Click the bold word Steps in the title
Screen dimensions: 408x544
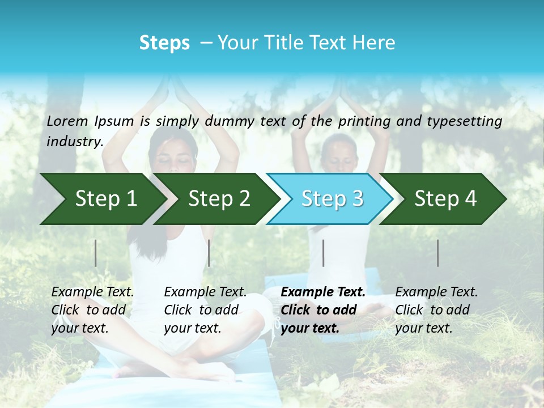164,43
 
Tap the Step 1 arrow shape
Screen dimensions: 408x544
105,199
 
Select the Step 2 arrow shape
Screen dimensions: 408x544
219,199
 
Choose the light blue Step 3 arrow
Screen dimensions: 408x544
332,199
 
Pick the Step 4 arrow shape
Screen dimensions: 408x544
445,199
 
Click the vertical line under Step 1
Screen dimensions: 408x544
96,253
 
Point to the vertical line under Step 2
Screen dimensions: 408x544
209,253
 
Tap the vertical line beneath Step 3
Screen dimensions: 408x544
323,253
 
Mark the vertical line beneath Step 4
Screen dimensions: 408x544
438,253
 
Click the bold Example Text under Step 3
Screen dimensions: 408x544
323,292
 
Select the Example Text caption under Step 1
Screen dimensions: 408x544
92,292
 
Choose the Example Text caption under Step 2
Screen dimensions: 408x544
205,292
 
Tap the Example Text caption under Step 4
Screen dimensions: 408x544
436,292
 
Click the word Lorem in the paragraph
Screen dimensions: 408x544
67,121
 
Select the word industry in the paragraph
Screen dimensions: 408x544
74,141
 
